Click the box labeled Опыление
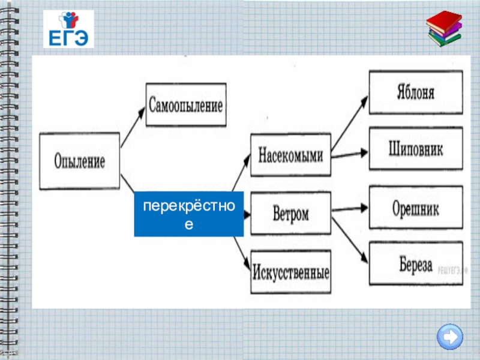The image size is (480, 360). pyautogui.click(x=80, y=161)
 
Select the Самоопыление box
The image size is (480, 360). pyautogui.click(x=185, y=104)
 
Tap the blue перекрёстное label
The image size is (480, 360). pyautogui.click(x=188, y=214)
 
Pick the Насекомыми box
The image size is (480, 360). pyautogui.click(x=290, y=155)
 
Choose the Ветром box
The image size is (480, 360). pyautogui.click(x=290, y=213)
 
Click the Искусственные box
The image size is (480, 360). pyautogui.click(x=290, y=273)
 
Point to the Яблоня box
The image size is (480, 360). pyautogui.click(x=415, y=92)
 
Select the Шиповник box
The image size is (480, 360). pyautogui.click(x=415, y=148)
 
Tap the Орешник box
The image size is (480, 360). pyautogui.click(x=415, y=208)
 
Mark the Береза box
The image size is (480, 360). pyautogui.click(x=415, y=263)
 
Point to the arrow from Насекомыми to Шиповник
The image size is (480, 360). pyautogui.click(x=350, y=154)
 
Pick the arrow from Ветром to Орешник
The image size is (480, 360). pyautogui.click(x=350, y=209)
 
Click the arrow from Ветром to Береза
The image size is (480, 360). pyautogui.click(x=350, y=240)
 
